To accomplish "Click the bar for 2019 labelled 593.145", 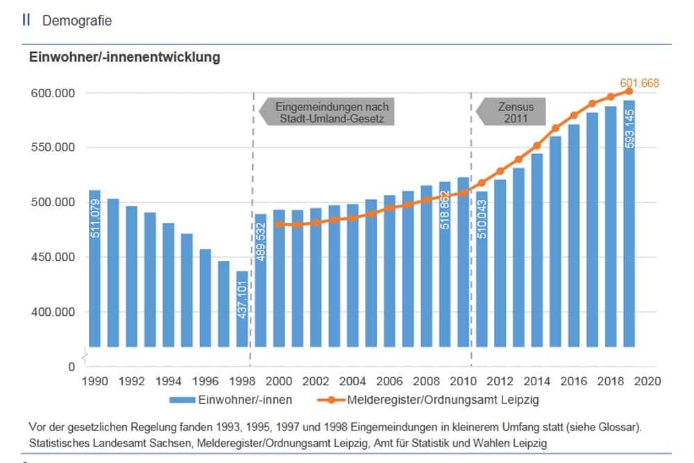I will point(629,223).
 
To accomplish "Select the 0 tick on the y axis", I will point(70,367).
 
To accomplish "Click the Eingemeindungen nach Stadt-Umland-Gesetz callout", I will point(331,112).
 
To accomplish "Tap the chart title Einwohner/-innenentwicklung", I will point(124,58).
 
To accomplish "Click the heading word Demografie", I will point(77,21).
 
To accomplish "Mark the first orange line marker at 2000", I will point(279,224).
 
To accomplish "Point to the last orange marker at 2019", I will point(629,91).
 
